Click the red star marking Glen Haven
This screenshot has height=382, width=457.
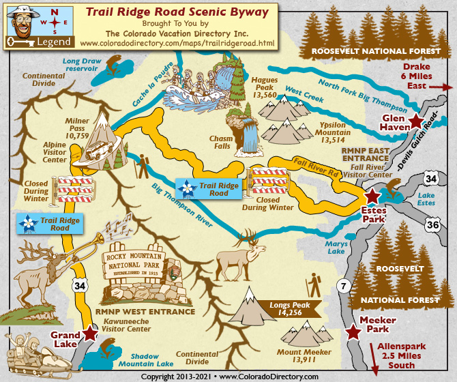416,121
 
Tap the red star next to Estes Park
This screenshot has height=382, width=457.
372,197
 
